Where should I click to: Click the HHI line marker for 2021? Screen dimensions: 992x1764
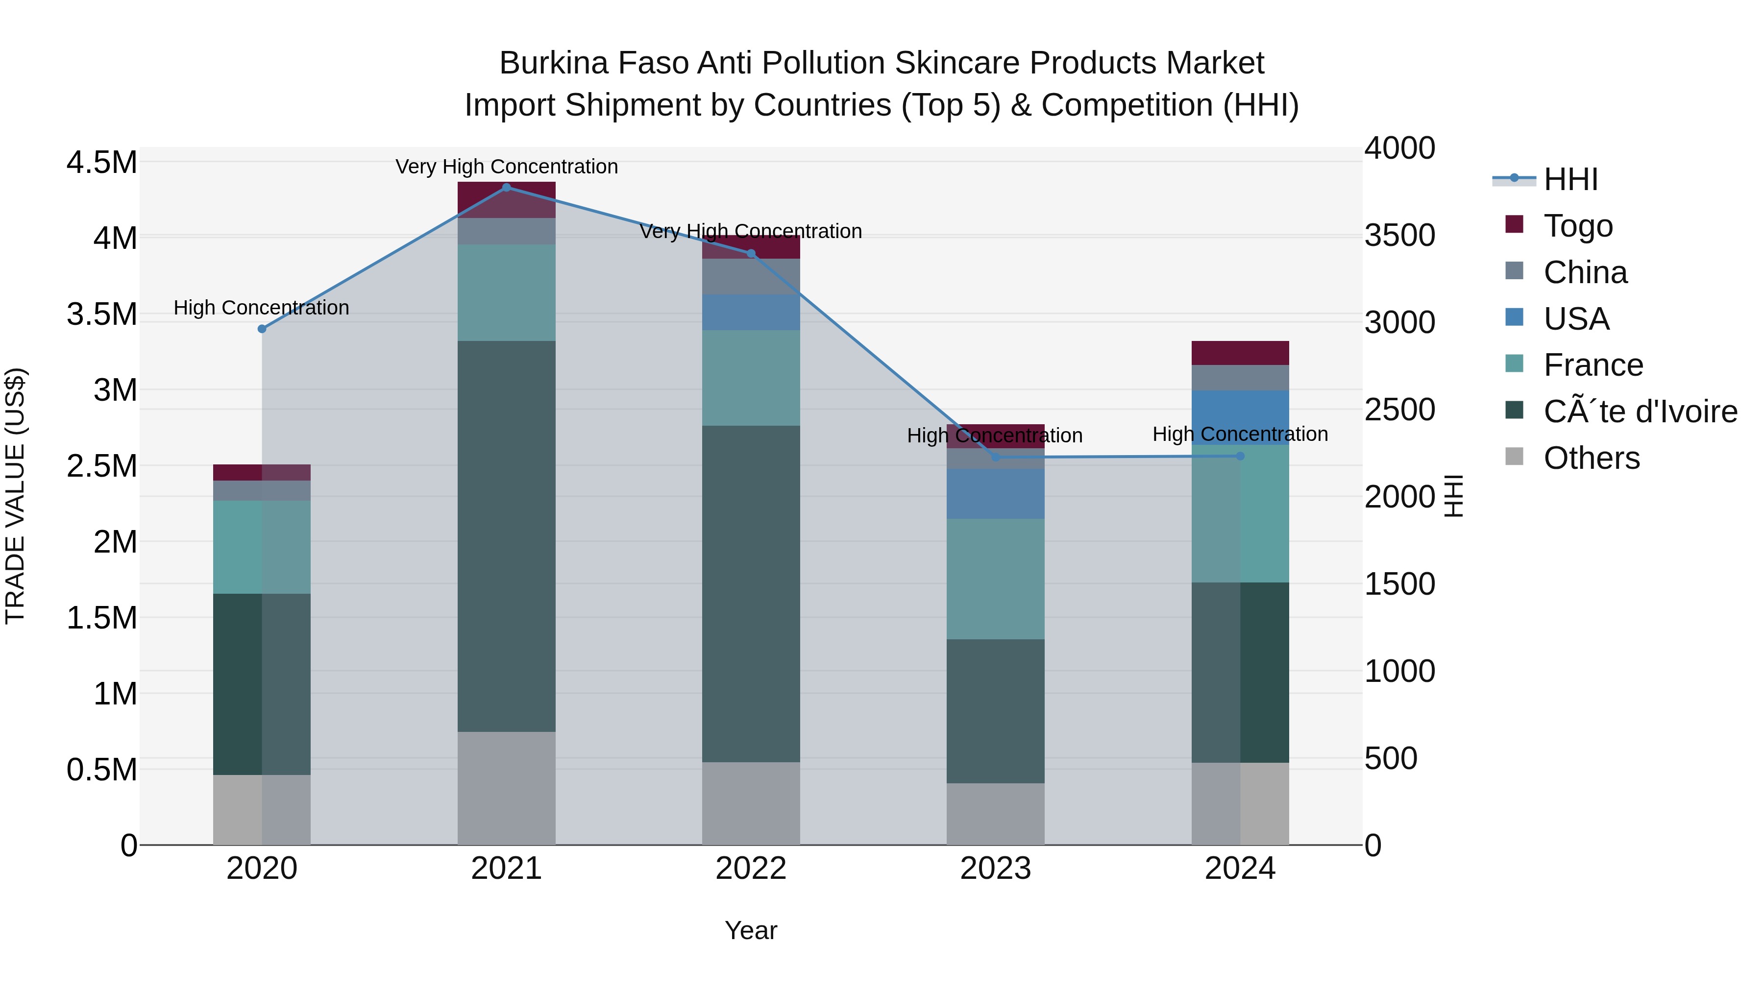click(506, 188)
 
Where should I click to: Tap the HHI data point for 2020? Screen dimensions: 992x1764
click(262, 329)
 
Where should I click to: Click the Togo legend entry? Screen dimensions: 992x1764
click(1578, 226)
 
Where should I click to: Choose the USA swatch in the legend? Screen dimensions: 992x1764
click(1514, 317)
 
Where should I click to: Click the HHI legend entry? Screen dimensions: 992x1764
click(1570, 179)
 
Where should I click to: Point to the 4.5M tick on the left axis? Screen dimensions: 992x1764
click(101, 163)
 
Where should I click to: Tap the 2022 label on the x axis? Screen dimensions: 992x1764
click(751, 869)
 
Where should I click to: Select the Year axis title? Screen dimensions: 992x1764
click(751, 930)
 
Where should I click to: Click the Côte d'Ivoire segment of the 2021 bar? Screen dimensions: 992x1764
click(506, 536)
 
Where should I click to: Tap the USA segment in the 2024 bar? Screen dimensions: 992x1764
click(1240, 417)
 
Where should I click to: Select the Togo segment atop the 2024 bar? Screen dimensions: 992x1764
click(1240, 353)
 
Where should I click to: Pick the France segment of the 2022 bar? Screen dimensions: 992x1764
click(751, 378)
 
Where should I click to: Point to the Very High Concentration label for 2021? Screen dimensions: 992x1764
click(506, 167)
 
